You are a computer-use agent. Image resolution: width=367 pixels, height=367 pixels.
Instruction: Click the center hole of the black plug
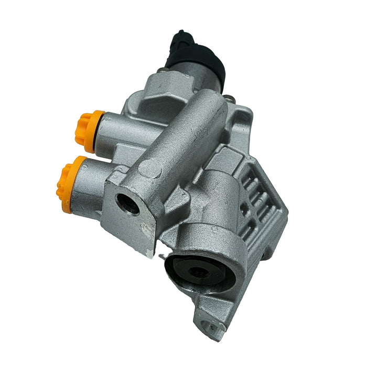point(198,272)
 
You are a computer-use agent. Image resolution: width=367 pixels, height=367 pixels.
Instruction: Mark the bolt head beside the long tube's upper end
point(231,98)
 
